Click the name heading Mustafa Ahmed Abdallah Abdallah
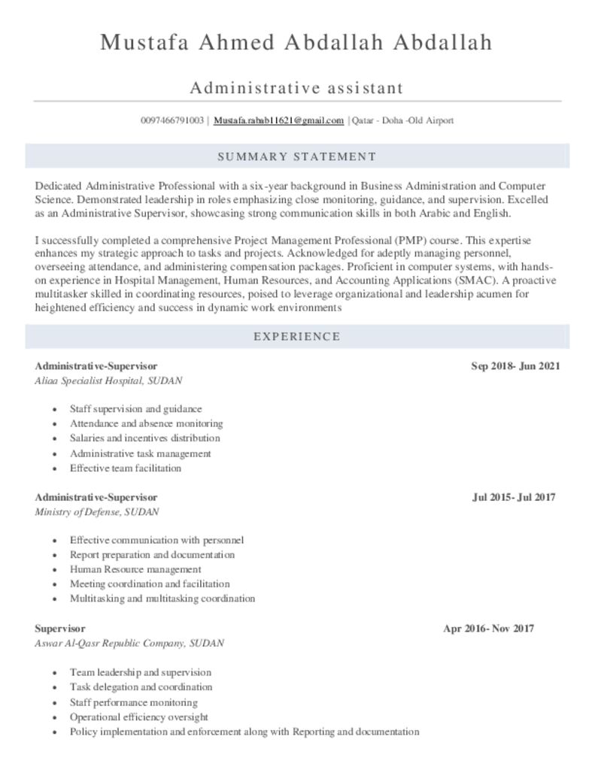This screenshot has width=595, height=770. pyautogui.click(x=296, y=43)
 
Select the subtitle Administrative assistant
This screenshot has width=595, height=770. pyautogui.click(x=296, y=88)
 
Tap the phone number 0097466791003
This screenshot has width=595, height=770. pyautogui.click(x=172, y=120)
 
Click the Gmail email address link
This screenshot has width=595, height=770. pyautogui.click(x=278, y=120)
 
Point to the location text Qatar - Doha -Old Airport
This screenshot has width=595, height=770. pyautogui.click(x=402, y=120)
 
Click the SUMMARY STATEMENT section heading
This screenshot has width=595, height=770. pyautogui.click(x=296, y=156)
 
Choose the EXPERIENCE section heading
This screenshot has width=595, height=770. pyautogui.click(x=296, y=336)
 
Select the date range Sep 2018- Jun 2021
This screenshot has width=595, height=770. pyautogui.click(x=515, y=366)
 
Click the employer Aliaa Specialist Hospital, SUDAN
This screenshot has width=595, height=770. pyautogui.click(x=108, y=381)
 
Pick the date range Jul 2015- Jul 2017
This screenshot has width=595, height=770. pyautogui.click(x=514, y=497)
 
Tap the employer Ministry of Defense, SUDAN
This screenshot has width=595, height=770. pyautogui.click(x=97, y=512)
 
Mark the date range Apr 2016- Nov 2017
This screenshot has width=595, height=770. pyautogui.click(x=488, y=628)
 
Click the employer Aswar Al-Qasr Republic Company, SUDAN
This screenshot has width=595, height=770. pyautogui.click(x=129, y=644)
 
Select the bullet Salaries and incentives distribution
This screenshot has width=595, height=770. pyautogui.click(x=144, y=438)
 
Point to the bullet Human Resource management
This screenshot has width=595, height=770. pyautogui.click(x=135, y=569)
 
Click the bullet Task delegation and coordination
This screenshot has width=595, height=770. pyautogui.click(x=141, y=687)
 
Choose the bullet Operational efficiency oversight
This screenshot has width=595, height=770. pyautogui.click(x=138, y=717)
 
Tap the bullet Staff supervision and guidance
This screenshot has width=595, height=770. pyautogui.click(x=135, y=409)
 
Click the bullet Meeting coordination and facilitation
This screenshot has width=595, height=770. pyautogui.click(x=150, y=584)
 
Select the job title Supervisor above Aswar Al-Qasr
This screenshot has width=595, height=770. pyautogui.click(x=60, y=628)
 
